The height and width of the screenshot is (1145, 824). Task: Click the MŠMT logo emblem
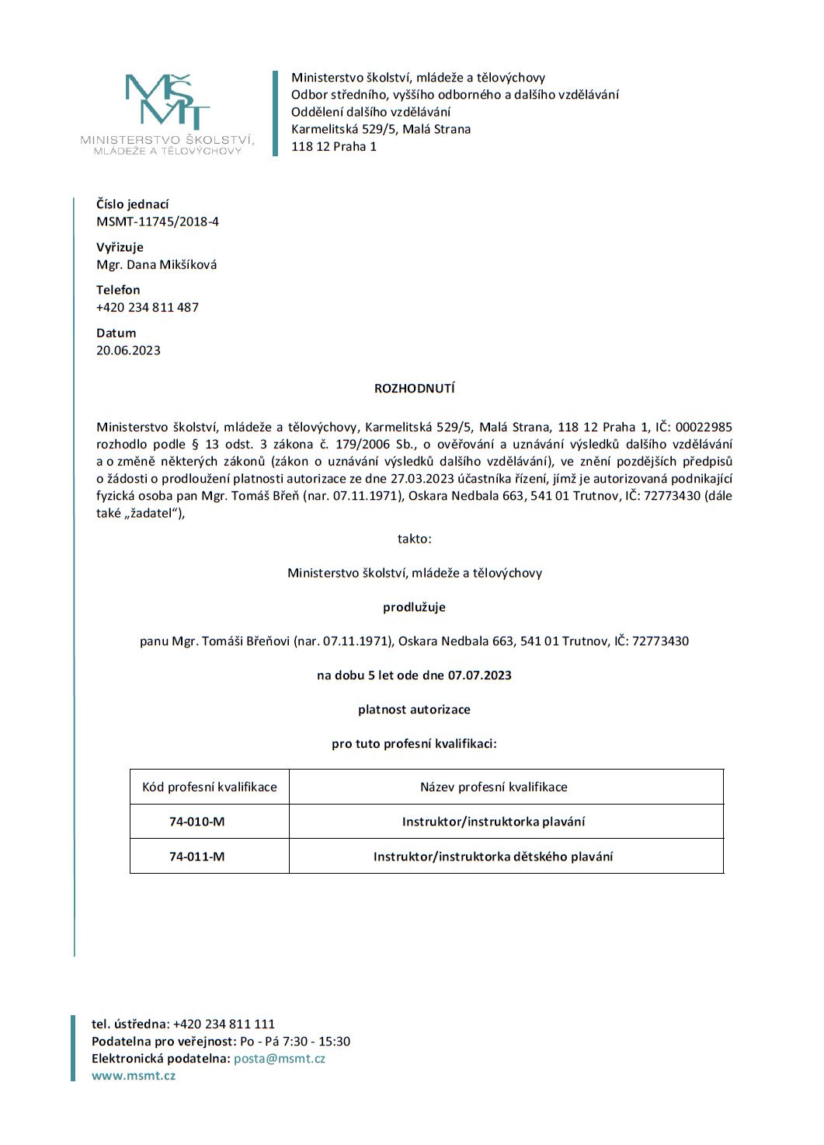[167, 101]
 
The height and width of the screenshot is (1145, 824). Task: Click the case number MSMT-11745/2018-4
[158, 222]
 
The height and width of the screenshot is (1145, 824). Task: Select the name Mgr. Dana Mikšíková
[156, 264]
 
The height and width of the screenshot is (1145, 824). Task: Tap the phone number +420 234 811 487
[148, 307]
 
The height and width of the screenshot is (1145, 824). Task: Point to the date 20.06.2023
[128, 350]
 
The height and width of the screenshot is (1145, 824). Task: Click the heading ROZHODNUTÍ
[414, 388]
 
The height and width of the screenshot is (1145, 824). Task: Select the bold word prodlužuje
[414, 607]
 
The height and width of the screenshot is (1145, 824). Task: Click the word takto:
[414, 539]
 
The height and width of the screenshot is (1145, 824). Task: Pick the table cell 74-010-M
[197, 822]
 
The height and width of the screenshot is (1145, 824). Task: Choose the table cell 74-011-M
[197, 857]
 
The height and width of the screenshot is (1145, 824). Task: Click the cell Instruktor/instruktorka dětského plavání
[493, 857]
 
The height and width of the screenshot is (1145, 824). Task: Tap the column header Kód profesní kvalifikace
[209, 787]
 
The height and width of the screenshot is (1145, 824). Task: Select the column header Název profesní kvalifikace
[493, 787]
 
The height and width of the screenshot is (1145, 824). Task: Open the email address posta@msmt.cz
[280, 1059]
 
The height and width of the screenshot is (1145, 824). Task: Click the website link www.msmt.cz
[134, 1076]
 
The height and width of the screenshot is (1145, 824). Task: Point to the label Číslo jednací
[132, 204]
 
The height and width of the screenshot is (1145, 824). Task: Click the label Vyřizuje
[120, 247]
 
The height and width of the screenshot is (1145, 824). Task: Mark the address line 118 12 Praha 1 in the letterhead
[334, 146]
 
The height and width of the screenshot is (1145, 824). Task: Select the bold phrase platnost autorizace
[414, 710]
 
